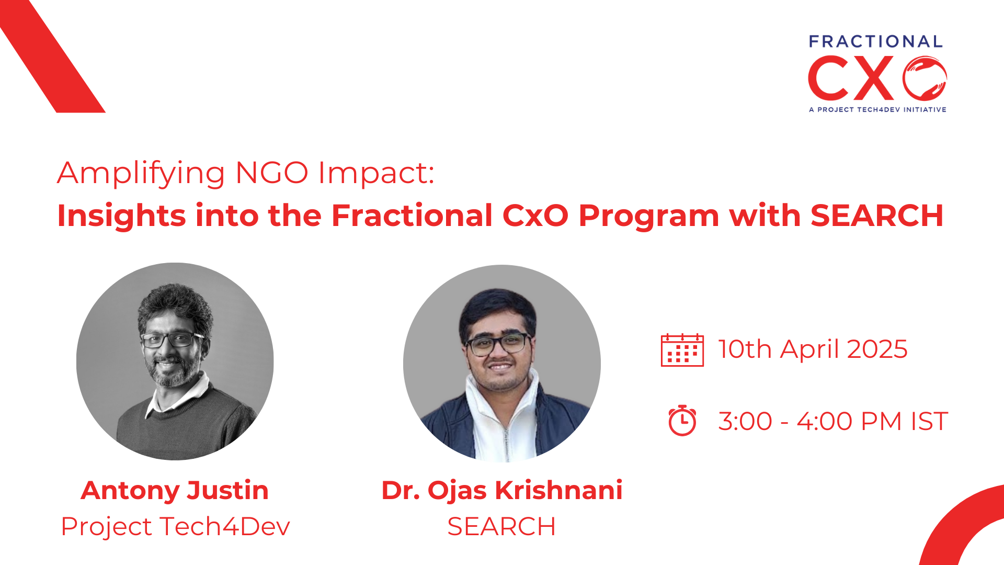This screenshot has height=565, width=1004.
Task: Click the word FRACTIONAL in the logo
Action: coord(876,42)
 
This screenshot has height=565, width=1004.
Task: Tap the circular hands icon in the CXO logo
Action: coord(925,78)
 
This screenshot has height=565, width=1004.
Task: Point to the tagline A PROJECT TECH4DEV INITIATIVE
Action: coord(877,109)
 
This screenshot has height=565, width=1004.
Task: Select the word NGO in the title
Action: coord(271,173)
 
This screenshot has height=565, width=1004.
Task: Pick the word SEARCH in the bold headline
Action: coord(877,215)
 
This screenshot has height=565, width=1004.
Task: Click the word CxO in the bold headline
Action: coord(535,215)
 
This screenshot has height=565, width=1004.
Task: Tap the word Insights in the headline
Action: coord(121,216)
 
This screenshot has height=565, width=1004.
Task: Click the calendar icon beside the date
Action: coord(682,350)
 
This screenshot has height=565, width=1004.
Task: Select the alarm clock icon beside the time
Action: coord(682,420)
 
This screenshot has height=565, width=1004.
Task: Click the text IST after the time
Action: coord(929,421)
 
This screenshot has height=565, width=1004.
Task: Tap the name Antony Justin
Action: coord(175,490)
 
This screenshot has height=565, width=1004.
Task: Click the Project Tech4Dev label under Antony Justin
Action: coord(175,526)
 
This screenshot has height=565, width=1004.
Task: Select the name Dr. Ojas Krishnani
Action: coord(502,490)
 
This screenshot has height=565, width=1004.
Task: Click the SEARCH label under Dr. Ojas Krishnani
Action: coord(501,526)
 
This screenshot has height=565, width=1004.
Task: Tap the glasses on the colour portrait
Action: coord(498,344)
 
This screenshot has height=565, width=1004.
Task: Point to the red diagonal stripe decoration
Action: coord(52,56)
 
